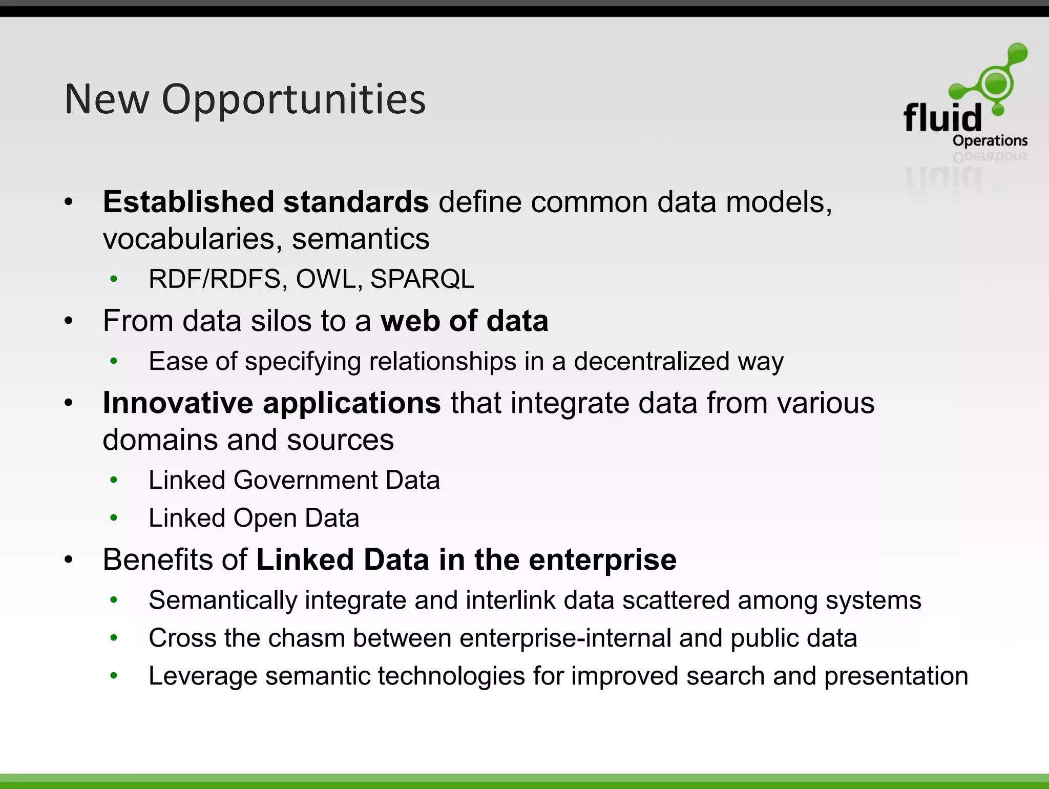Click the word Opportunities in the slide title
pos(293,99)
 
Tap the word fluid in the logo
pos(942,118)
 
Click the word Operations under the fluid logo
pos(990,140)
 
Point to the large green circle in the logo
pos(996,83)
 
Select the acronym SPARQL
pos(422,279)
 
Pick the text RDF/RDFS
pos(215,279)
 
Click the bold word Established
pos(187,202)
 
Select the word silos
pos(281,321)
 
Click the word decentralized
pos(651,361)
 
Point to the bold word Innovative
pos(178,403)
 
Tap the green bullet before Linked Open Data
pos(114,518)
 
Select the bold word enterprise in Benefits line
pos(602,559)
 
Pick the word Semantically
pos(223,600)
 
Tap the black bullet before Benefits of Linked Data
pos(69,559)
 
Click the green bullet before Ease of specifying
pos(114,361)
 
